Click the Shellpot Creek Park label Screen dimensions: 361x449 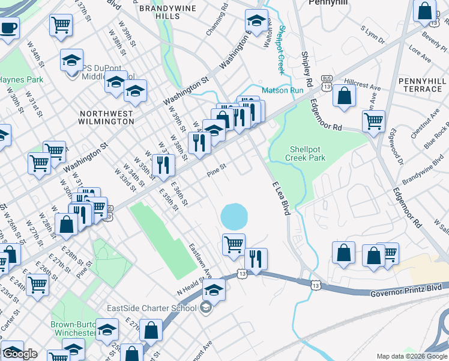[307, 153]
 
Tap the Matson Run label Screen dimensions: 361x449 [278, 90]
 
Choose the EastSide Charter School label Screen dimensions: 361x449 [151, 309]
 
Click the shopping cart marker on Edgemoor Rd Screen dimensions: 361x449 [373, 120]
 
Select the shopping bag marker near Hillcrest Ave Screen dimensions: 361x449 [345, 97]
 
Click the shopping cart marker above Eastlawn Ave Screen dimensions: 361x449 [234, 244]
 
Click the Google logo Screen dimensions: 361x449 [20, 354]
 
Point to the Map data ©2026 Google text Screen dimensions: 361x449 [412, 356]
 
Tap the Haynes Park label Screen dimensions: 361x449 [12, 79]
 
